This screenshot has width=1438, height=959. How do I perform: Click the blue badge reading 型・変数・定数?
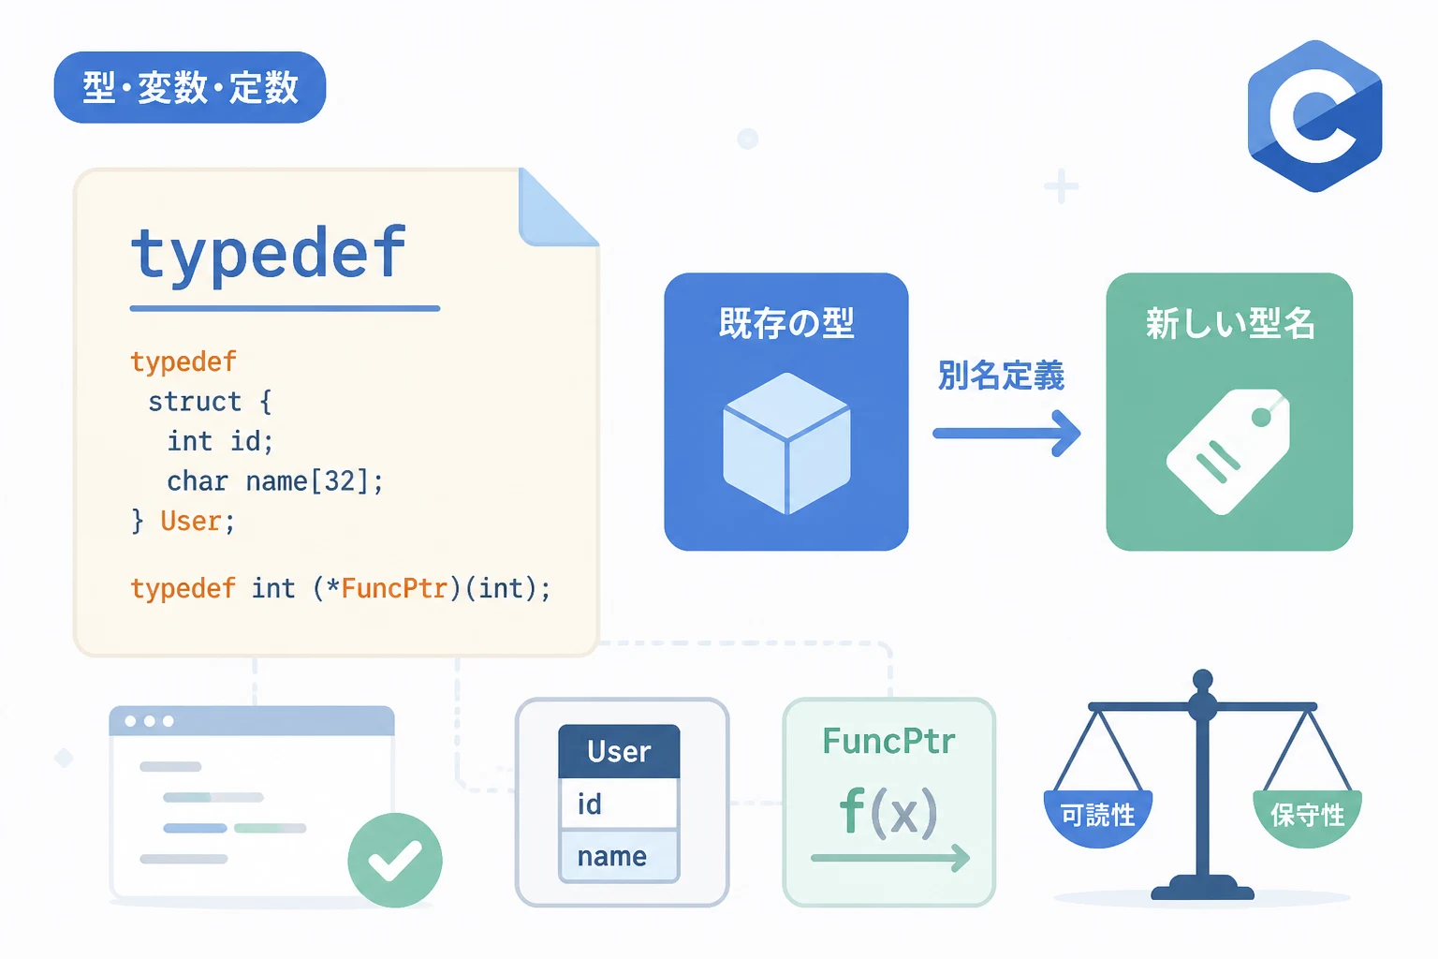(190, 87)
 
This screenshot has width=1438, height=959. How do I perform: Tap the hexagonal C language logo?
(1314, 116)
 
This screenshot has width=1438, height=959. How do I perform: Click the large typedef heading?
(269, 255)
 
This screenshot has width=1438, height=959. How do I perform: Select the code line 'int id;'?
(220, 441)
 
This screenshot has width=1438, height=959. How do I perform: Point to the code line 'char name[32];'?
(274, 481)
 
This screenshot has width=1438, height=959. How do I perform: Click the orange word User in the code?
(191, 521)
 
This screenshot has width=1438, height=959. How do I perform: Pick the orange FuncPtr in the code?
(393, 588)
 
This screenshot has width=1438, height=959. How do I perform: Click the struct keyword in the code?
(195, 402)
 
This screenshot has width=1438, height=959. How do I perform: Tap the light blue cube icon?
(786, 443)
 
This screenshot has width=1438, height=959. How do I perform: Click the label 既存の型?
(786, 322)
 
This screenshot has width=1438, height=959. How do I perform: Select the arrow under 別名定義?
(1006, 434)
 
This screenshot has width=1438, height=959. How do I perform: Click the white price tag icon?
(1228, 451)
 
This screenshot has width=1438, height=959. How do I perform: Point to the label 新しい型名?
(1230, 322)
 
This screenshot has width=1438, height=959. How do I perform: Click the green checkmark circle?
(395, 860)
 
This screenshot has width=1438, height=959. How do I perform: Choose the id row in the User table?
(619, 804)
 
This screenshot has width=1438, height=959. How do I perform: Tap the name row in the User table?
(619, 856)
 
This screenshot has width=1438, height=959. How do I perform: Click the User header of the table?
(619, 751)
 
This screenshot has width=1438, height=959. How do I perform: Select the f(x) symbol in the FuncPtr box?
(888, 813)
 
